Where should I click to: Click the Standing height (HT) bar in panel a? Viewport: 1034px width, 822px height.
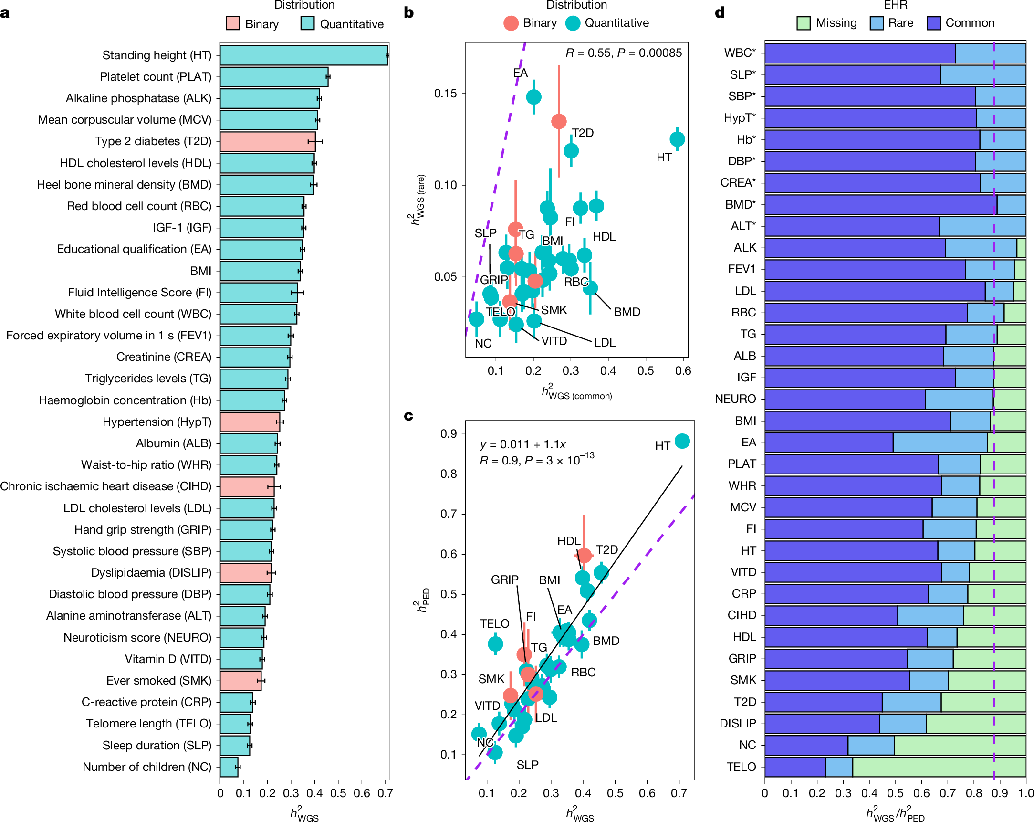(303, 55)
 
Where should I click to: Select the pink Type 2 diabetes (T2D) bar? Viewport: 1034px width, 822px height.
(267, 142)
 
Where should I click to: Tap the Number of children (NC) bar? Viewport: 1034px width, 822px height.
(229, 767)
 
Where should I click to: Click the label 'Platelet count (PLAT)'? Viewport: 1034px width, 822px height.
(156, 77)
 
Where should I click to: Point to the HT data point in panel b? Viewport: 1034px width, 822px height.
(677, 139)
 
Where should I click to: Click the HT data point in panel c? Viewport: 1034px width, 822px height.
(682, 441)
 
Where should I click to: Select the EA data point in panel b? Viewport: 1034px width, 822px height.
(534, 97)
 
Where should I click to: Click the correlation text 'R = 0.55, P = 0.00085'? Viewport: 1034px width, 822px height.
(624, 53)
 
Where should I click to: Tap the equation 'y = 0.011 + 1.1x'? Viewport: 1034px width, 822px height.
(523, 444)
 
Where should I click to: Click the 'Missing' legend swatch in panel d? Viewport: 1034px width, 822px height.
(804, 23)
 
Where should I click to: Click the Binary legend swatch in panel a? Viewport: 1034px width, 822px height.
(232, 23)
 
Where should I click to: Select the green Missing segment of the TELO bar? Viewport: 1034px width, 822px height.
(939, 767)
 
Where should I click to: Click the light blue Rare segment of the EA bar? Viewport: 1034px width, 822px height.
(940, 443)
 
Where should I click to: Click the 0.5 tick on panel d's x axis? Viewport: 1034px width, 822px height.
(896, 793)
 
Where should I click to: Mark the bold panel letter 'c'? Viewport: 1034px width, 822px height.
(408, 416)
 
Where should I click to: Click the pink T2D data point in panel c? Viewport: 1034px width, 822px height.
(584, 555)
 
